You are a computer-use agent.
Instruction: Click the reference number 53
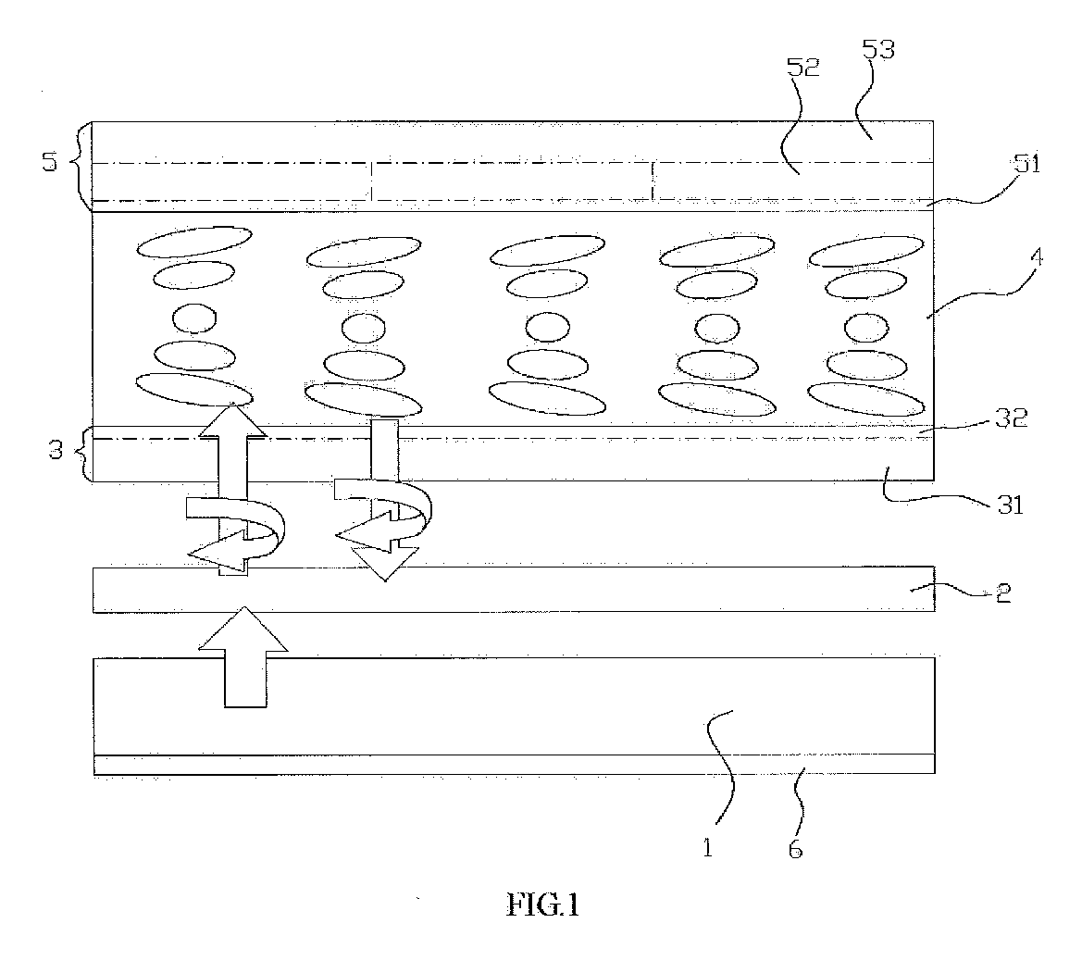(878, 50)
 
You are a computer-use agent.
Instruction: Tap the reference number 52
(803, 67)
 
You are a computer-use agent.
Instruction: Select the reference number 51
(1026, 164)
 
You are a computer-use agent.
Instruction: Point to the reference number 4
(1036, 258)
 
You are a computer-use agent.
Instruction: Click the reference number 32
(1011, 418)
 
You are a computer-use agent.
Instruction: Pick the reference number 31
(1011, 505)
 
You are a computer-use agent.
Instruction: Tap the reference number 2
(1004, 593)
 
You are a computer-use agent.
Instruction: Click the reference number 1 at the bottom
(707, 847)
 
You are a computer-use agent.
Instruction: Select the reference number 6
(796, 849)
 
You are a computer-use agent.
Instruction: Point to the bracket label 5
(50, 162)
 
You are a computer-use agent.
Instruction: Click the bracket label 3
(56, 451)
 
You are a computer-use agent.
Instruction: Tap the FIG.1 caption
(543, 904)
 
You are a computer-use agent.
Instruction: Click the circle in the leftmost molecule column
(193, 318)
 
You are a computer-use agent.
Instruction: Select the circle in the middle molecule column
(547, 327)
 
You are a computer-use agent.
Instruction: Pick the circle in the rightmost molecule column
(866, 328)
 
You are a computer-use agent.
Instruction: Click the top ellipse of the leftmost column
(193, 242)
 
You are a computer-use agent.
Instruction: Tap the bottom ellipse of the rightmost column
(866, 399)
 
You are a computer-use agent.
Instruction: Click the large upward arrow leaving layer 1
(243, 656)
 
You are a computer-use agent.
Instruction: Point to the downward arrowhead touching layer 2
(384, 564)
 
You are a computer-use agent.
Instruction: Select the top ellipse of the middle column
(547, 250)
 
